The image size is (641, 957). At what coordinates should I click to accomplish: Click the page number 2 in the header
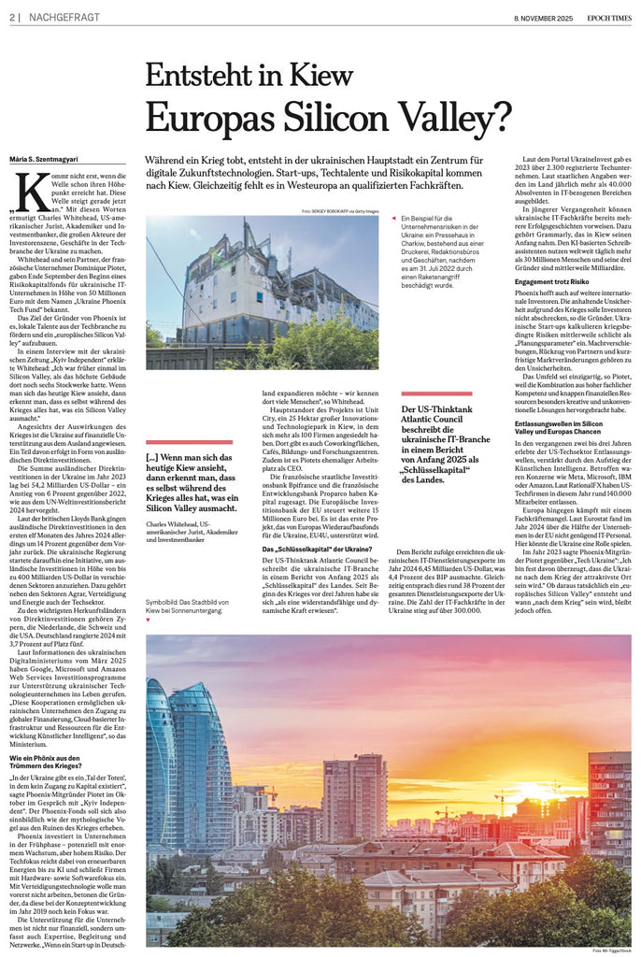point(11,18)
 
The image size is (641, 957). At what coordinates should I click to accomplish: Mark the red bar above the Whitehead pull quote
point(190,442)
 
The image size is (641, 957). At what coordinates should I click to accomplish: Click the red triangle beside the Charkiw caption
point(394,219)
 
